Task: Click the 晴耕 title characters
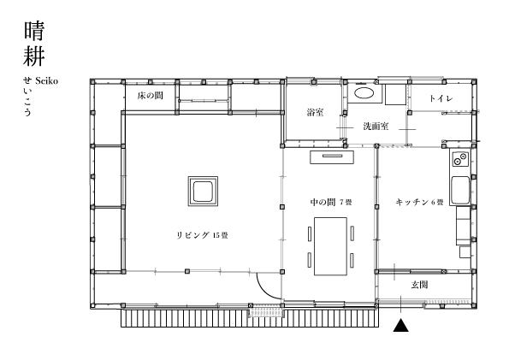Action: [33, 44]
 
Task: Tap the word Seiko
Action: [46, 80]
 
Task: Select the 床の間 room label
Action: [151, 96]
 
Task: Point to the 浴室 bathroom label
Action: [315, 112]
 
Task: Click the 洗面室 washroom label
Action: [376, 126]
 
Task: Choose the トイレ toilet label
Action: [441, 98]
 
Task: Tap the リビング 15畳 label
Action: [202, 235]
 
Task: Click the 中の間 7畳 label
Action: [331, 202]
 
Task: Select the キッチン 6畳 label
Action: [419, 202]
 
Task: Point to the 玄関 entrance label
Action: [419, 285]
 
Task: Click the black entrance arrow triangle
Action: [401, 326]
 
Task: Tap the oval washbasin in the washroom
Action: [364, 93]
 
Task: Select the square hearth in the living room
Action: [203, 192]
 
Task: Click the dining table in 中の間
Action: [330, 246]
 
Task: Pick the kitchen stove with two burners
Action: [460, 159]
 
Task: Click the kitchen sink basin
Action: [460, 190]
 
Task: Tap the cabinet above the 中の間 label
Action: [332, 157]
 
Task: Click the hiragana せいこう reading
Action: [27, 97]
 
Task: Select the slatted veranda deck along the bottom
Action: [250, 318]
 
